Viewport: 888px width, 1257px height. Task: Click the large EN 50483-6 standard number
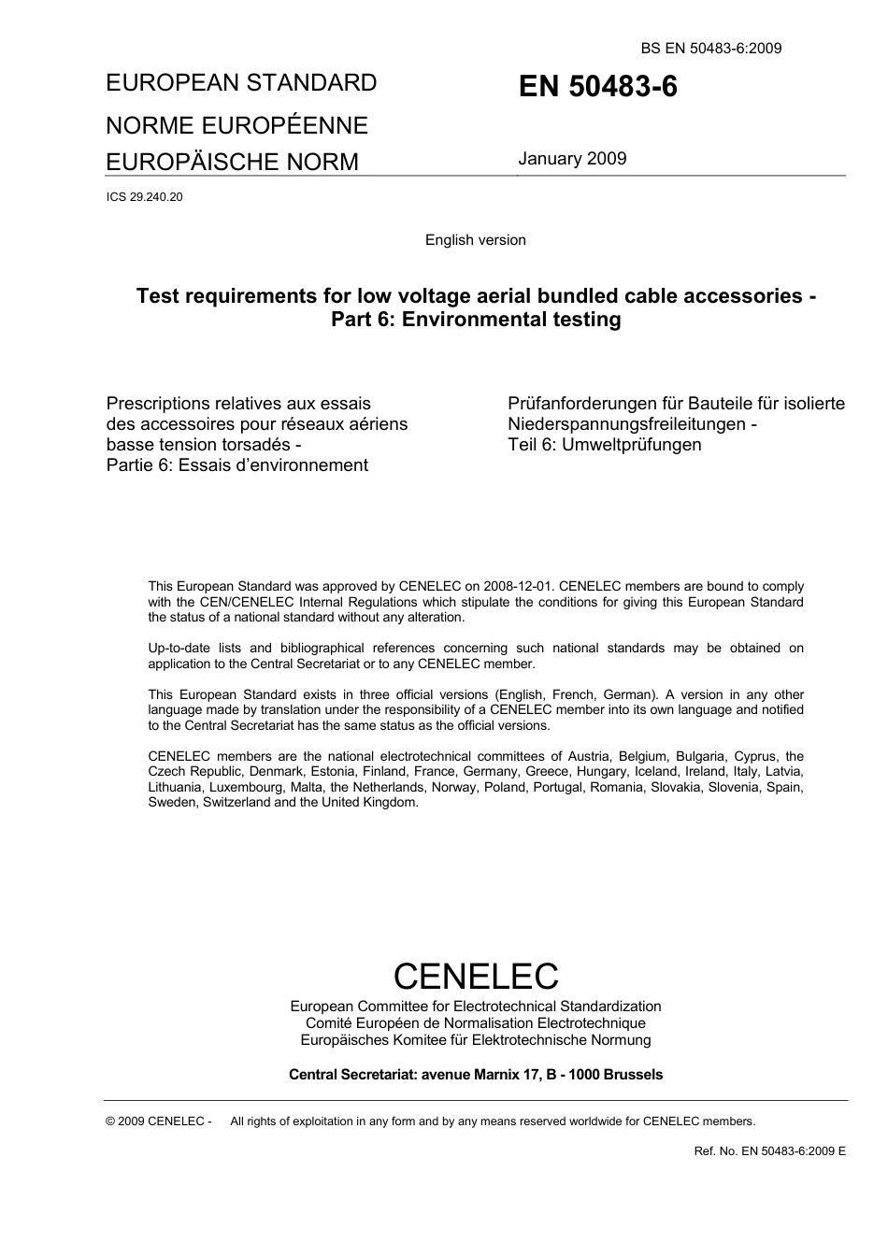pyautogui.click(x=598, y=87)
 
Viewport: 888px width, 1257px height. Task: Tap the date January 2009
pyautogui.click(x=572, y=159)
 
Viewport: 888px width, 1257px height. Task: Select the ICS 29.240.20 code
pyautogui.click(x=144, y=197)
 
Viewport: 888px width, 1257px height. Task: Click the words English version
pyautogui.click(x=475, y=240)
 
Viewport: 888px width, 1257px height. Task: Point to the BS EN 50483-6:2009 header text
pyautogui.click(x=711, y=49)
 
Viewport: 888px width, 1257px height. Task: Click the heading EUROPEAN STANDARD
pyautogui.click(x=241, y=83)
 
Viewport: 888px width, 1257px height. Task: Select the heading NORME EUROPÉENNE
pyautogui.click(x=236, y=125)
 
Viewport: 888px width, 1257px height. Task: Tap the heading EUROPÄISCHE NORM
pyautogui.click(x=232, y=162)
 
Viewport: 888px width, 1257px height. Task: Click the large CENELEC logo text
pyautogui.click(x=475, y=976)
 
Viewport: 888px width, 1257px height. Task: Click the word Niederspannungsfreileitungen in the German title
pyautogui.click(x=623, y=424)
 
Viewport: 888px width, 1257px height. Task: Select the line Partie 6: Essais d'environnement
pyautogui.click(x=237, y=465)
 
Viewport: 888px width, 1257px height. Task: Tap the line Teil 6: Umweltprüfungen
pyautogui.click(x=604, y=445)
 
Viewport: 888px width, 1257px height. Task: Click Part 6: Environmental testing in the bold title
pyautogui.click(x=475, y=320)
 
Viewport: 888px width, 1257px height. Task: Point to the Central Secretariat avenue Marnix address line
pyautogui.click(x=475, y=1075)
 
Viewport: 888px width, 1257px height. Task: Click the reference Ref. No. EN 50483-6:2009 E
pyautogui.click(x=769, y=1151)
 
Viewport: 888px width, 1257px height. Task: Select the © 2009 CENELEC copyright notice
pyautogui.click(x=159, y=1121)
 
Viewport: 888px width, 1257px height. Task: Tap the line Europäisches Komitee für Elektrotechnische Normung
pyautogui.click(x=475, y=1040)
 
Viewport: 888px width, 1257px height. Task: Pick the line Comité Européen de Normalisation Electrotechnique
pyautogui.click(x=475, y=1023)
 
